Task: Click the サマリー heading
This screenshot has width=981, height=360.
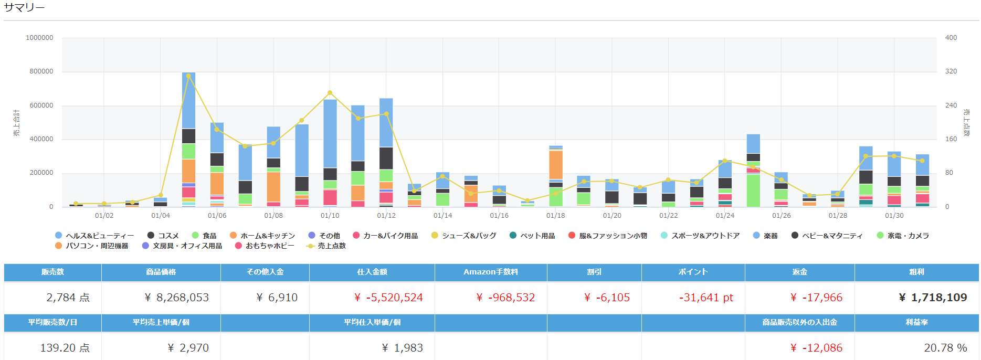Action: (24, 8)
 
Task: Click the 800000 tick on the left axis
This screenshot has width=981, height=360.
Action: (41, 71)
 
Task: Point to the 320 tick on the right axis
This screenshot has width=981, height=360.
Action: (951, 71)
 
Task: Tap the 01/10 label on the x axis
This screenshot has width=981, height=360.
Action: (330, 216)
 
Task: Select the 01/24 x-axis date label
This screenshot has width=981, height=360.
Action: (725, 216)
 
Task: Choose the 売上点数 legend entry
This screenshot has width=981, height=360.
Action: (331, 246)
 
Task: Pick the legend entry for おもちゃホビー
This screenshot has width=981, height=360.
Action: (269, 246)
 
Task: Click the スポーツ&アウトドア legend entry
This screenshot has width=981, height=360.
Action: (705, 236)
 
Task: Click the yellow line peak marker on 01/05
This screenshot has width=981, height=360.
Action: (188, 76)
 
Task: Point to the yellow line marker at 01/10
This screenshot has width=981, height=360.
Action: (330, 93)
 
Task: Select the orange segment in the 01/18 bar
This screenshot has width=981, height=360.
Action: (555, 165)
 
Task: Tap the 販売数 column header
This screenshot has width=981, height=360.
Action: (52, 272)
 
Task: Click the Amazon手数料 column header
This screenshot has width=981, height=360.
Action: (490, 272)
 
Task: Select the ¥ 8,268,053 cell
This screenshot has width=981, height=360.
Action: (176, 298)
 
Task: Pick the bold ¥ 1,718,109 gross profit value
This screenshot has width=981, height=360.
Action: (932, 298)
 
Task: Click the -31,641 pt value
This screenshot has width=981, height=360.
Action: (705, 298)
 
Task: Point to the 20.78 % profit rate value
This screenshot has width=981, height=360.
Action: (945, 348)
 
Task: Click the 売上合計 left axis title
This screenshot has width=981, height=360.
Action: (16, 123)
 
